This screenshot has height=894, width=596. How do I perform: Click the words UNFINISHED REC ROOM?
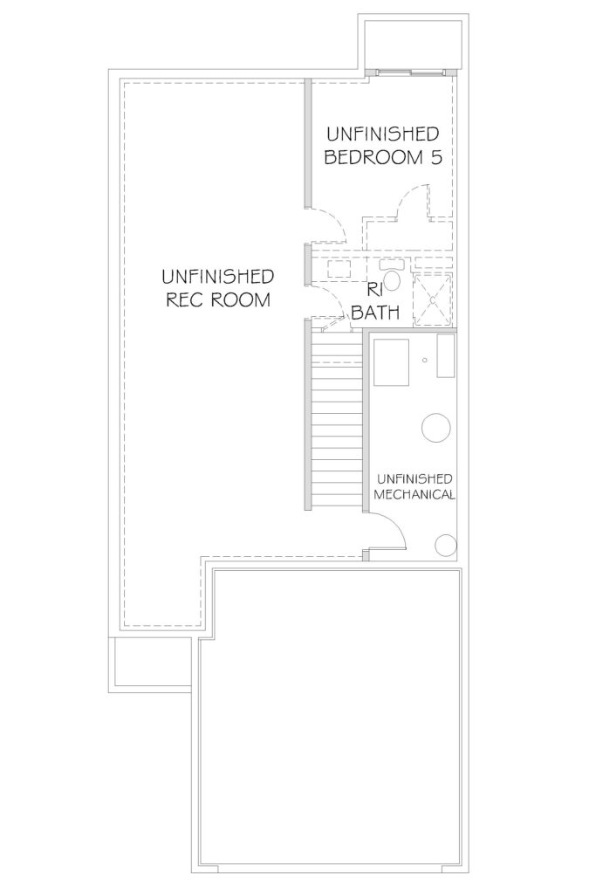coord(217,288)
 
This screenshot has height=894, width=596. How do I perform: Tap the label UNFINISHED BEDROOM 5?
coord(383,146)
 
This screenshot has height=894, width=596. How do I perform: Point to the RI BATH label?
coord(375,301)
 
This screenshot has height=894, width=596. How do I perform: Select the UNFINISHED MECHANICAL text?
coord(414,486)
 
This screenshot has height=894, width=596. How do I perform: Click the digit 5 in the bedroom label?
coord(436,157)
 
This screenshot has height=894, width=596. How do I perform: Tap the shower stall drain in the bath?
coord(433,299)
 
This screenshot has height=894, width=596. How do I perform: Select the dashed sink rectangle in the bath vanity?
coord(339,270)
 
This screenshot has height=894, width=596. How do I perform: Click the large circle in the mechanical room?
coord(436,427)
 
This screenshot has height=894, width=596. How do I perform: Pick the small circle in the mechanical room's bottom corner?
coord(446,546)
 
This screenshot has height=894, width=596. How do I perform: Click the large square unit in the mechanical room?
coord(392,362)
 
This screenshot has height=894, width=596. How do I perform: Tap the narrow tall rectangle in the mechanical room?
coord(446,356)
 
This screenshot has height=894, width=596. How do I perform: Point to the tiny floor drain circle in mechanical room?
coord(424,360)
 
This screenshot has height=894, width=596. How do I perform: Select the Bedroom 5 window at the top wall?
coord(411,72)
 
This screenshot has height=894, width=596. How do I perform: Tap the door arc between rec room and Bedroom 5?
coord(336,218)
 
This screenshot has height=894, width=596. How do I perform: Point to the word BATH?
coord(375,312)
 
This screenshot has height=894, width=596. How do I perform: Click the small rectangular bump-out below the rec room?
coord(153,662)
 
